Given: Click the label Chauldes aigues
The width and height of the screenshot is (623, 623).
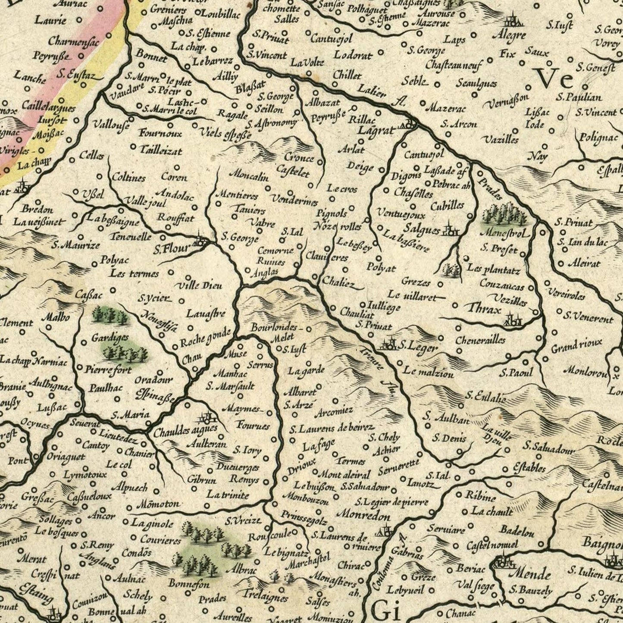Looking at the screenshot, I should (x=184, y=432).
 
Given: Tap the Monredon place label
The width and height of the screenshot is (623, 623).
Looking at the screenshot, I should (x=364, y=515).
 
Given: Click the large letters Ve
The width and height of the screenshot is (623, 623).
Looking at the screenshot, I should (x=555, y=78).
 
